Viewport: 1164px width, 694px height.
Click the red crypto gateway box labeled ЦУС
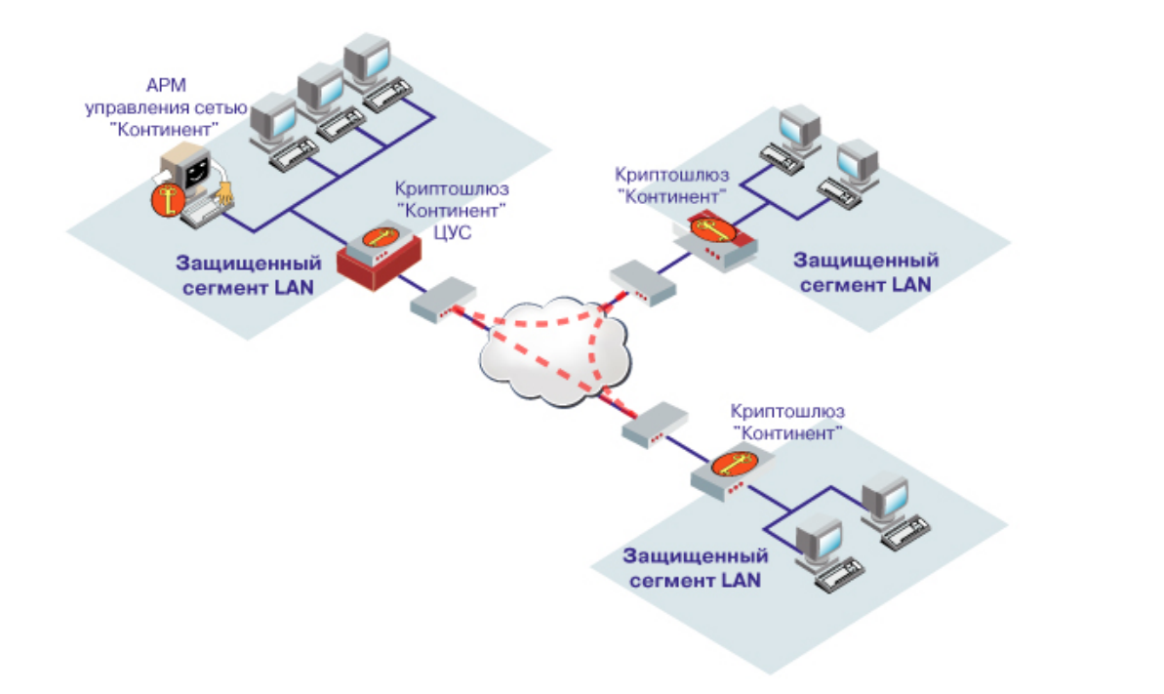(380, 256)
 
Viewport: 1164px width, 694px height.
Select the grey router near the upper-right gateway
(641, 281)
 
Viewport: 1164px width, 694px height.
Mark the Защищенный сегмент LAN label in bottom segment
(695, 567)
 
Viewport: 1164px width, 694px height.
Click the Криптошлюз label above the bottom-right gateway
(787, 411)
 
